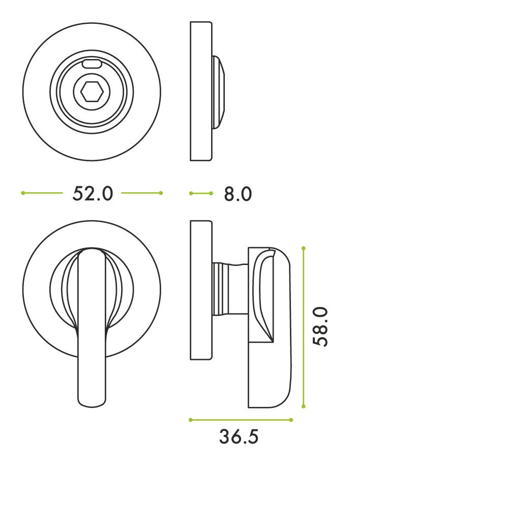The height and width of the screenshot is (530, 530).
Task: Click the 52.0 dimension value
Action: [93, 193]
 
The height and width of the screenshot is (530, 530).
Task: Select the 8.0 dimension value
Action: [238, 194]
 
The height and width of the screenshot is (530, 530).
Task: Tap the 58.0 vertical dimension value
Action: [320, 327]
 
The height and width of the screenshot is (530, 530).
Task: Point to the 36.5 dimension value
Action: [239, 436]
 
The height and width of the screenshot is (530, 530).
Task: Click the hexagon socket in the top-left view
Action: [92, 92]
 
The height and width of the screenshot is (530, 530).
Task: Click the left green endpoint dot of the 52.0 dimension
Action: [23, 193]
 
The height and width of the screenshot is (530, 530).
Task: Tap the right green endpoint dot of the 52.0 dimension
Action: [161, 193]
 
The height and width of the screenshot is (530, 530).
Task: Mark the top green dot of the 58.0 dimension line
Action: [304, 248]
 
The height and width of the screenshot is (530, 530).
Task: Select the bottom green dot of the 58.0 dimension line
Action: [304, 406]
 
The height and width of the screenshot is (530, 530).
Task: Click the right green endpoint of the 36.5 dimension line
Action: [291, 420]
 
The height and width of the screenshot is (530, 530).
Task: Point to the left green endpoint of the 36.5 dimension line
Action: [191, 420]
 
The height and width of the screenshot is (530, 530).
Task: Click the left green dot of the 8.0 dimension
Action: [191, 193]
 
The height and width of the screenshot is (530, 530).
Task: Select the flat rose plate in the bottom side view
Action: [201, 290]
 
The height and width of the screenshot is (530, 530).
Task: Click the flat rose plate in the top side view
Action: [201, 92]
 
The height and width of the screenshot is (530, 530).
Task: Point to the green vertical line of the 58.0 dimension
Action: [304, 285]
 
